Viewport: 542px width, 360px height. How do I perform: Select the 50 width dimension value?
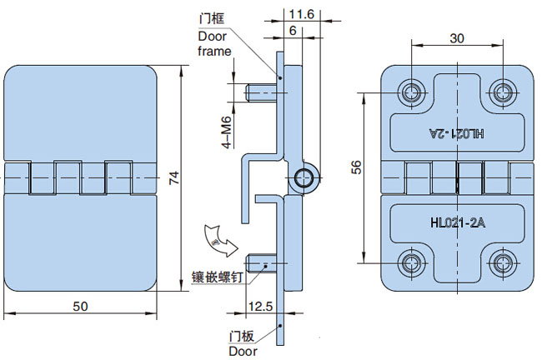80,306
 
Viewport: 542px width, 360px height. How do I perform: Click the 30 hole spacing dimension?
456,37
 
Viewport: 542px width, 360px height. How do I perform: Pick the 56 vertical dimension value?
356,167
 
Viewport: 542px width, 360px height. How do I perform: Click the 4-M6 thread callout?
225,132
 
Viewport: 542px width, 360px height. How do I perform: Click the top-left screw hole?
410,91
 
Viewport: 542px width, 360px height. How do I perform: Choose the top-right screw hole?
502,91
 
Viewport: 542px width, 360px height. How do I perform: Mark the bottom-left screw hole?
410,264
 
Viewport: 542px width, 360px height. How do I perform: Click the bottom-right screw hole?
502,264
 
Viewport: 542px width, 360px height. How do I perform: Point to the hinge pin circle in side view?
304,177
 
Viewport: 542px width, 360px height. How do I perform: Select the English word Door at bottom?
244,351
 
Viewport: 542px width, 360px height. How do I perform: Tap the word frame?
214,51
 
